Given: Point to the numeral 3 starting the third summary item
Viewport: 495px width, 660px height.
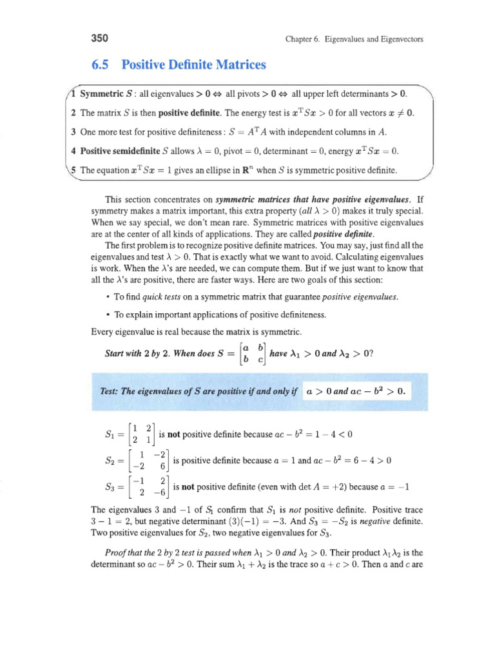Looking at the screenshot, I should pyautogui.click(x=73, y=132).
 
